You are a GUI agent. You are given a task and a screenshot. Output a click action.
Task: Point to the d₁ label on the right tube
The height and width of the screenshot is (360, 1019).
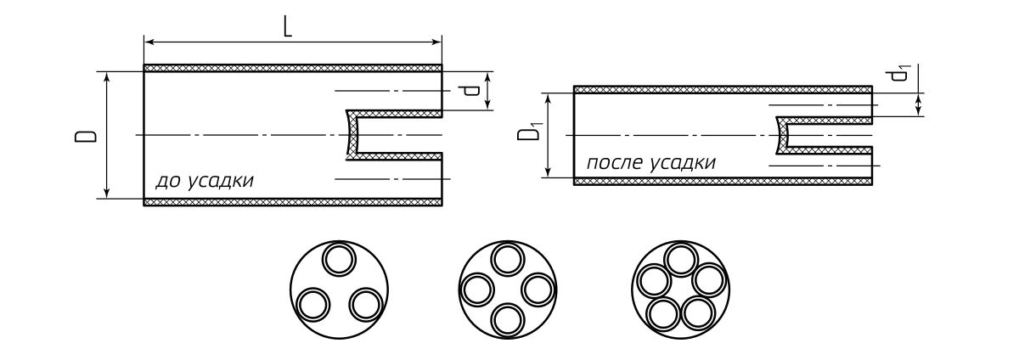coord(900,75)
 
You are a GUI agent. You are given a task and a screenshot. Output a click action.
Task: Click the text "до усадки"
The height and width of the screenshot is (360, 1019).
coord(204,181)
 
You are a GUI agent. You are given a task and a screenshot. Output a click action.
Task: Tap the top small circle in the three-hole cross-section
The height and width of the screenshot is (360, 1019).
coord(339,259)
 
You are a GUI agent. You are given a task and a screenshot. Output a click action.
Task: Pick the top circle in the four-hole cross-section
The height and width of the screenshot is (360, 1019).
coord(507,259)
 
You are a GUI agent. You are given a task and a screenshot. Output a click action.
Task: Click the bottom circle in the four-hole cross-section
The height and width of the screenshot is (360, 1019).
coord(507,318)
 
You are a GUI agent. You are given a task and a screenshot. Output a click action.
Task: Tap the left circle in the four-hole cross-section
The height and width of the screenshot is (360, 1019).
coord(477,290)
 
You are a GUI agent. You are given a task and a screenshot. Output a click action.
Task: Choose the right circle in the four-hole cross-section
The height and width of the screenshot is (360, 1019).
coord(537,290)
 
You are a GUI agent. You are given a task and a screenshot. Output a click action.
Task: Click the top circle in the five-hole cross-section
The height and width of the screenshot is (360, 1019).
coord(680,259)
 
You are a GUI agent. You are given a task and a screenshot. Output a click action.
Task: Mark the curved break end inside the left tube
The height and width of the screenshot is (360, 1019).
coord(352,136)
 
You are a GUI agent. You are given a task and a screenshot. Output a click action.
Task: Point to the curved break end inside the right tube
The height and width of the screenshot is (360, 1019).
coord(782,136)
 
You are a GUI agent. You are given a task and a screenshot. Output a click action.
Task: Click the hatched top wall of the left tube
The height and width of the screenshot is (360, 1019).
coord(293,68)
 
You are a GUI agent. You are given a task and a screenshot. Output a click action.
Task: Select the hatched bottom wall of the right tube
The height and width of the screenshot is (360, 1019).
coord(723,181)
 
